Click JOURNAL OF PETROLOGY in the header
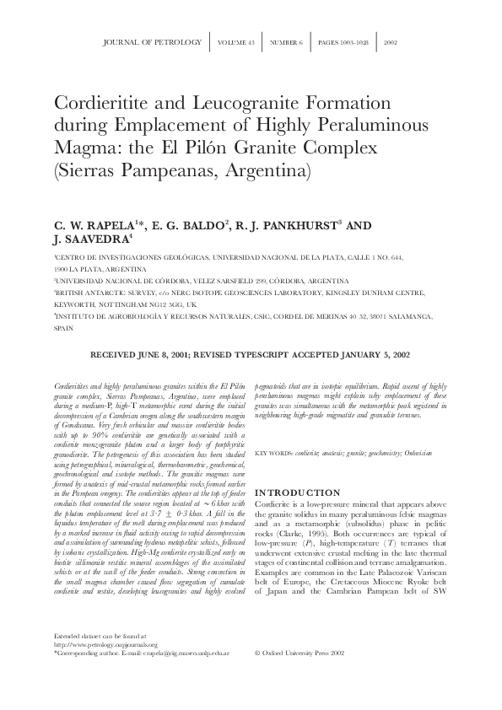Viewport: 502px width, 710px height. tap(151, 41)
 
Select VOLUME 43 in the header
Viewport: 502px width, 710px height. tap(235, 41)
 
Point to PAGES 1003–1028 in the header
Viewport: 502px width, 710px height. tap(345, 41)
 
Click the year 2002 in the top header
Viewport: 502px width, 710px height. tap(391, 41)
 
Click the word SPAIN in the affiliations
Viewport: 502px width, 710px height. tap(65, 331)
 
